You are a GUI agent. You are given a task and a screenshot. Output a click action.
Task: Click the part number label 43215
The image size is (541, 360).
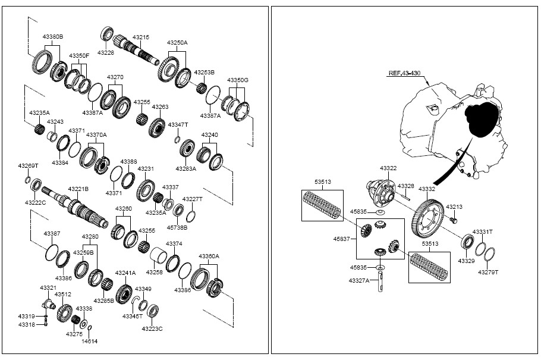pos(141,37)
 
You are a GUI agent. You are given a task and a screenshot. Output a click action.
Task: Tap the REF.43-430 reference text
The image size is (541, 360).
pos(405,73)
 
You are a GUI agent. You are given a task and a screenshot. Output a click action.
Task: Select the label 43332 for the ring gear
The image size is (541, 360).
pos(427,189)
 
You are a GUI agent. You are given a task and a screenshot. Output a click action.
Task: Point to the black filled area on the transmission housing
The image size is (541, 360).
pos(482,119)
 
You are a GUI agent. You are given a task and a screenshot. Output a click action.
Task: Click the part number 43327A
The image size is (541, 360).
pos(359,280)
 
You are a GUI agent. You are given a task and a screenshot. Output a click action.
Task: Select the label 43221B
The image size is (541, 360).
pos(78,189)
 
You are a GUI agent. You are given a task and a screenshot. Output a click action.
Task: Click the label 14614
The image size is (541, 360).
pos(90,342)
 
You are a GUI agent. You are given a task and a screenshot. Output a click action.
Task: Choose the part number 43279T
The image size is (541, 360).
pos(488,273)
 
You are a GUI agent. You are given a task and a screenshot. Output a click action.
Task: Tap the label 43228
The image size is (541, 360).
pos(106,52)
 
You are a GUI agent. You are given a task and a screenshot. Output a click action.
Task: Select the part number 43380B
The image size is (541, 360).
pos(53,36)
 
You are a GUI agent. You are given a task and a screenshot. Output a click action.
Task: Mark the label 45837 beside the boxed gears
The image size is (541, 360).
pos(342,239)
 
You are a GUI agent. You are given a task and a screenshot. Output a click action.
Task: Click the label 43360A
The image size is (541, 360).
pos(209,256)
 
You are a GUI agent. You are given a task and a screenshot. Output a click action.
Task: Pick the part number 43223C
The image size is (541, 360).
pos(152,328)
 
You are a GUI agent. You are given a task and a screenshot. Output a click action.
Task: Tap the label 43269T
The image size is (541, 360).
pos(28,166)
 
